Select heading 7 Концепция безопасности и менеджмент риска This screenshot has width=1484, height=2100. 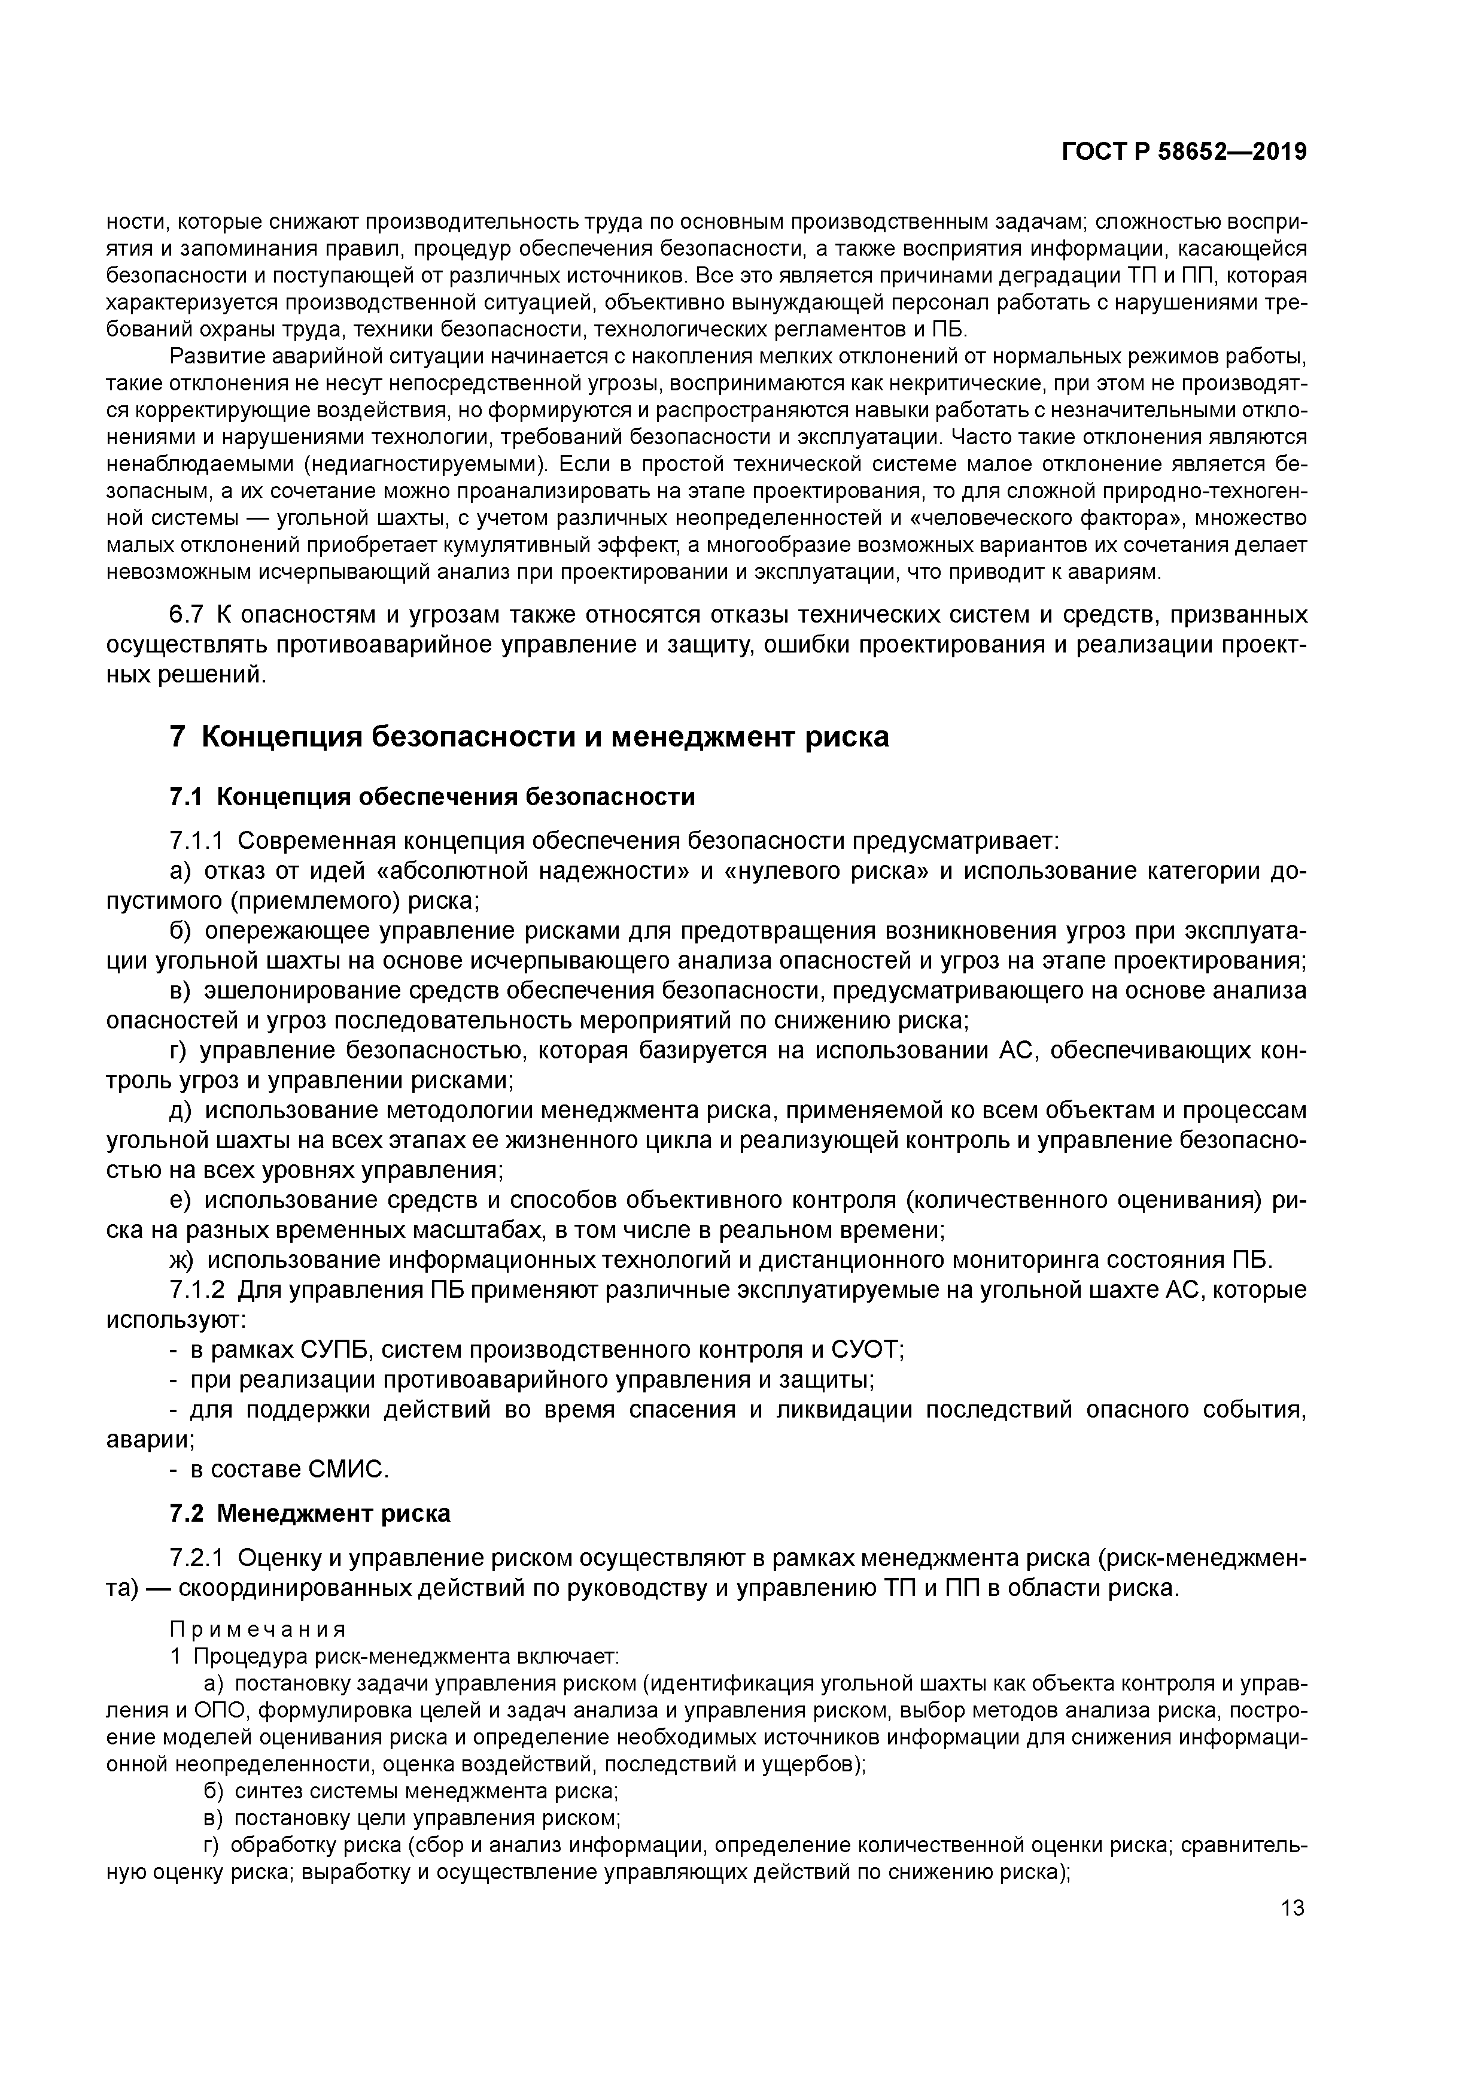(x=530, y=736)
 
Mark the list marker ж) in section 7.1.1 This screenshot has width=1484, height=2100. (x=181, y=1260)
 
